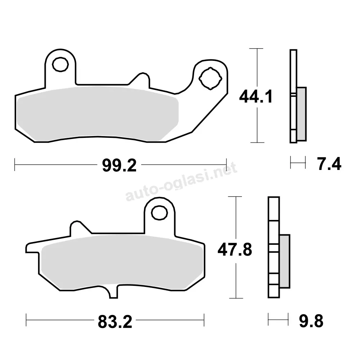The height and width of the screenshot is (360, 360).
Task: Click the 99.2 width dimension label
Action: (120, 165)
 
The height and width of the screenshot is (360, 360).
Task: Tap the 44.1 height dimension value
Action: (256, 96)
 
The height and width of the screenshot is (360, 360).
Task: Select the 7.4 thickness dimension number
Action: (329, 164)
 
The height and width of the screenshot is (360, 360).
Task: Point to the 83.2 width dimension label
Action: (115, 321)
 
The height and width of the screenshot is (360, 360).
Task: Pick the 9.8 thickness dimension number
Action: (311, 321)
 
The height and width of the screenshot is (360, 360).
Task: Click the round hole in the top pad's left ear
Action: (60, 64)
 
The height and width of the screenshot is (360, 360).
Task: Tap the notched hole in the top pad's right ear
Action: (211, 78)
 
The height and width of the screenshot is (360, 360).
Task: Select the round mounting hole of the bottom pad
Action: (159, 213)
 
